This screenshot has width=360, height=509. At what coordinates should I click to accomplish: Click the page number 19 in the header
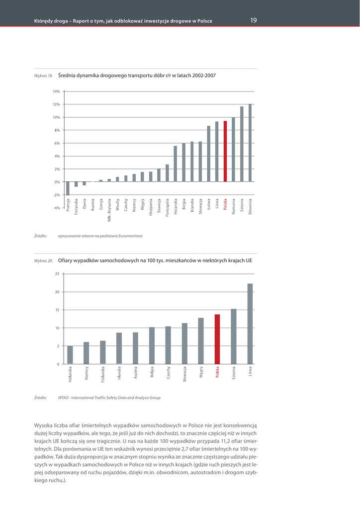click(x=254, y=20)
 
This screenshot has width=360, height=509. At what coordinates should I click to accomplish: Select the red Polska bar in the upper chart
click(x=225, y=152)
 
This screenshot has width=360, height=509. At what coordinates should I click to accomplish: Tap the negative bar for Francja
click(x=68, y=188)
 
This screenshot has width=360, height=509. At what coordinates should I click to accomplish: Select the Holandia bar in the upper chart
click(x=176, y=164)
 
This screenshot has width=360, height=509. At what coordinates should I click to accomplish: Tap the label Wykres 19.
click(x=43, y=76)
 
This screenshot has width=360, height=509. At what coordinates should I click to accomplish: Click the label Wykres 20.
click(x=43, y=260)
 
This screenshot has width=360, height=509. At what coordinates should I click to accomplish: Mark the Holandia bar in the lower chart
click(x=70, y=355)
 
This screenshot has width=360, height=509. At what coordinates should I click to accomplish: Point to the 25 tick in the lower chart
click(x=57, y=274)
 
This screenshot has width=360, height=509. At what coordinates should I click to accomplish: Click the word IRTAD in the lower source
click(x=63, y=398)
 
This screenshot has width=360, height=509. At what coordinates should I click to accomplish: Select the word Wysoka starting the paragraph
click(x=43, y=425)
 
